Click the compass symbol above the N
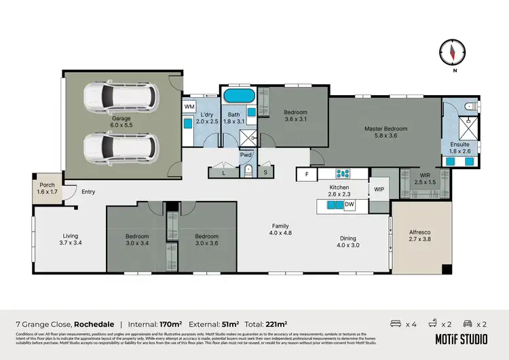pyautogui.click(x=453, y=51)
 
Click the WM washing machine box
pyautogui.click(x=189, y=107)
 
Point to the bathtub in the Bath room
pyautogui.click(x=238, y=95)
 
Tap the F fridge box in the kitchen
pyautogui.click(x=307, y=175)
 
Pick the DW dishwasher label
pyautogui.click(x=350, y=204)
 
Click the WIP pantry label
pyautogui.click(x=379, y=190)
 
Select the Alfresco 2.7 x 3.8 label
pyautogui.click(x=419, y=235)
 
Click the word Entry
pyautogui.click(x=88, y=192)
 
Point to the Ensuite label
pyautogui.click(x=459, y=148)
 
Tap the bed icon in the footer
pyautogui.click(x=395, y=324)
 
